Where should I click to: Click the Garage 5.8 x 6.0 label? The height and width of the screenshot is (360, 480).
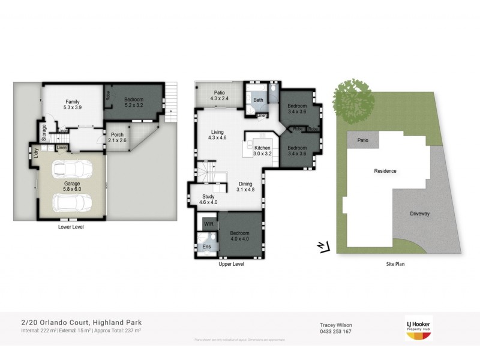click(x=73, y=187)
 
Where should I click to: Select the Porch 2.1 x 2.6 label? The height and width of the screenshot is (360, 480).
click(x=116, y=137)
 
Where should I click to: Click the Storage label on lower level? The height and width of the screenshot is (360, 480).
click(x=44, y=130)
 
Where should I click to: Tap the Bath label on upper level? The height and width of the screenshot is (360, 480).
click(x=258, y=100)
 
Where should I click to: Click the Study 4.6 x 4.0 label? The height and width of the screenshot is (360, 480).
click(x=208, y=200)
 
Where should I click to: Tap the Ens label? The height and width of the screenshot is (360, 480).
click(x=206, y=246)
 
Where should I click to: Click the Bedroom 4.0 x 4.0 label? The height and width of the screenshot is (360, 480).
click(x=240, y=236)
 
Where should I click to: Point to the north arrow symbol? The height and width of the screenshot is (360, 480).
click(x=323, y=246)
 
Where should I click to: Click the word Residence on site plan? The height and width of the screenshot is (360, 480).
click(x=385, y=171)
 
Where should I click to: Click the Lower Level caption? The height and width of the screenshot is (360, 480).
click(x=70, y=227)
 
